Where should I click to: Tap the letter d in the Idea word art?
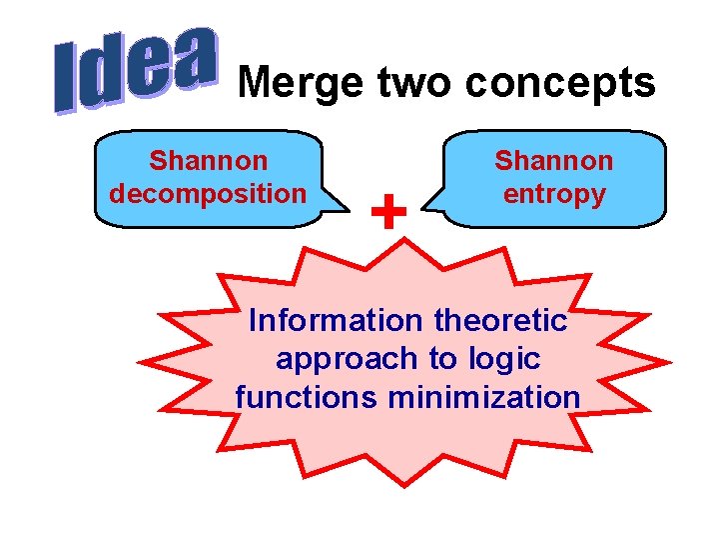pyautogui.click(x=105, y=76)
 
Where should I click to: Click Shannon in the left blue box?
pyautogui.click(x=209, y=160)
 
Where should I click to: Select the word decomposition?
pyautogui.click(x=209, y=192)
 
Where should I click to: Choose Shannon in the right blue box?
pyautogui.click(x=554, y=160)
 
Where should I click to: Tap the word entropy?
pyautogui.click(x=554, y=192)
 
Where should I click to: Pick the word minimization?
pyautogui.click(x=484, y=397)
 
